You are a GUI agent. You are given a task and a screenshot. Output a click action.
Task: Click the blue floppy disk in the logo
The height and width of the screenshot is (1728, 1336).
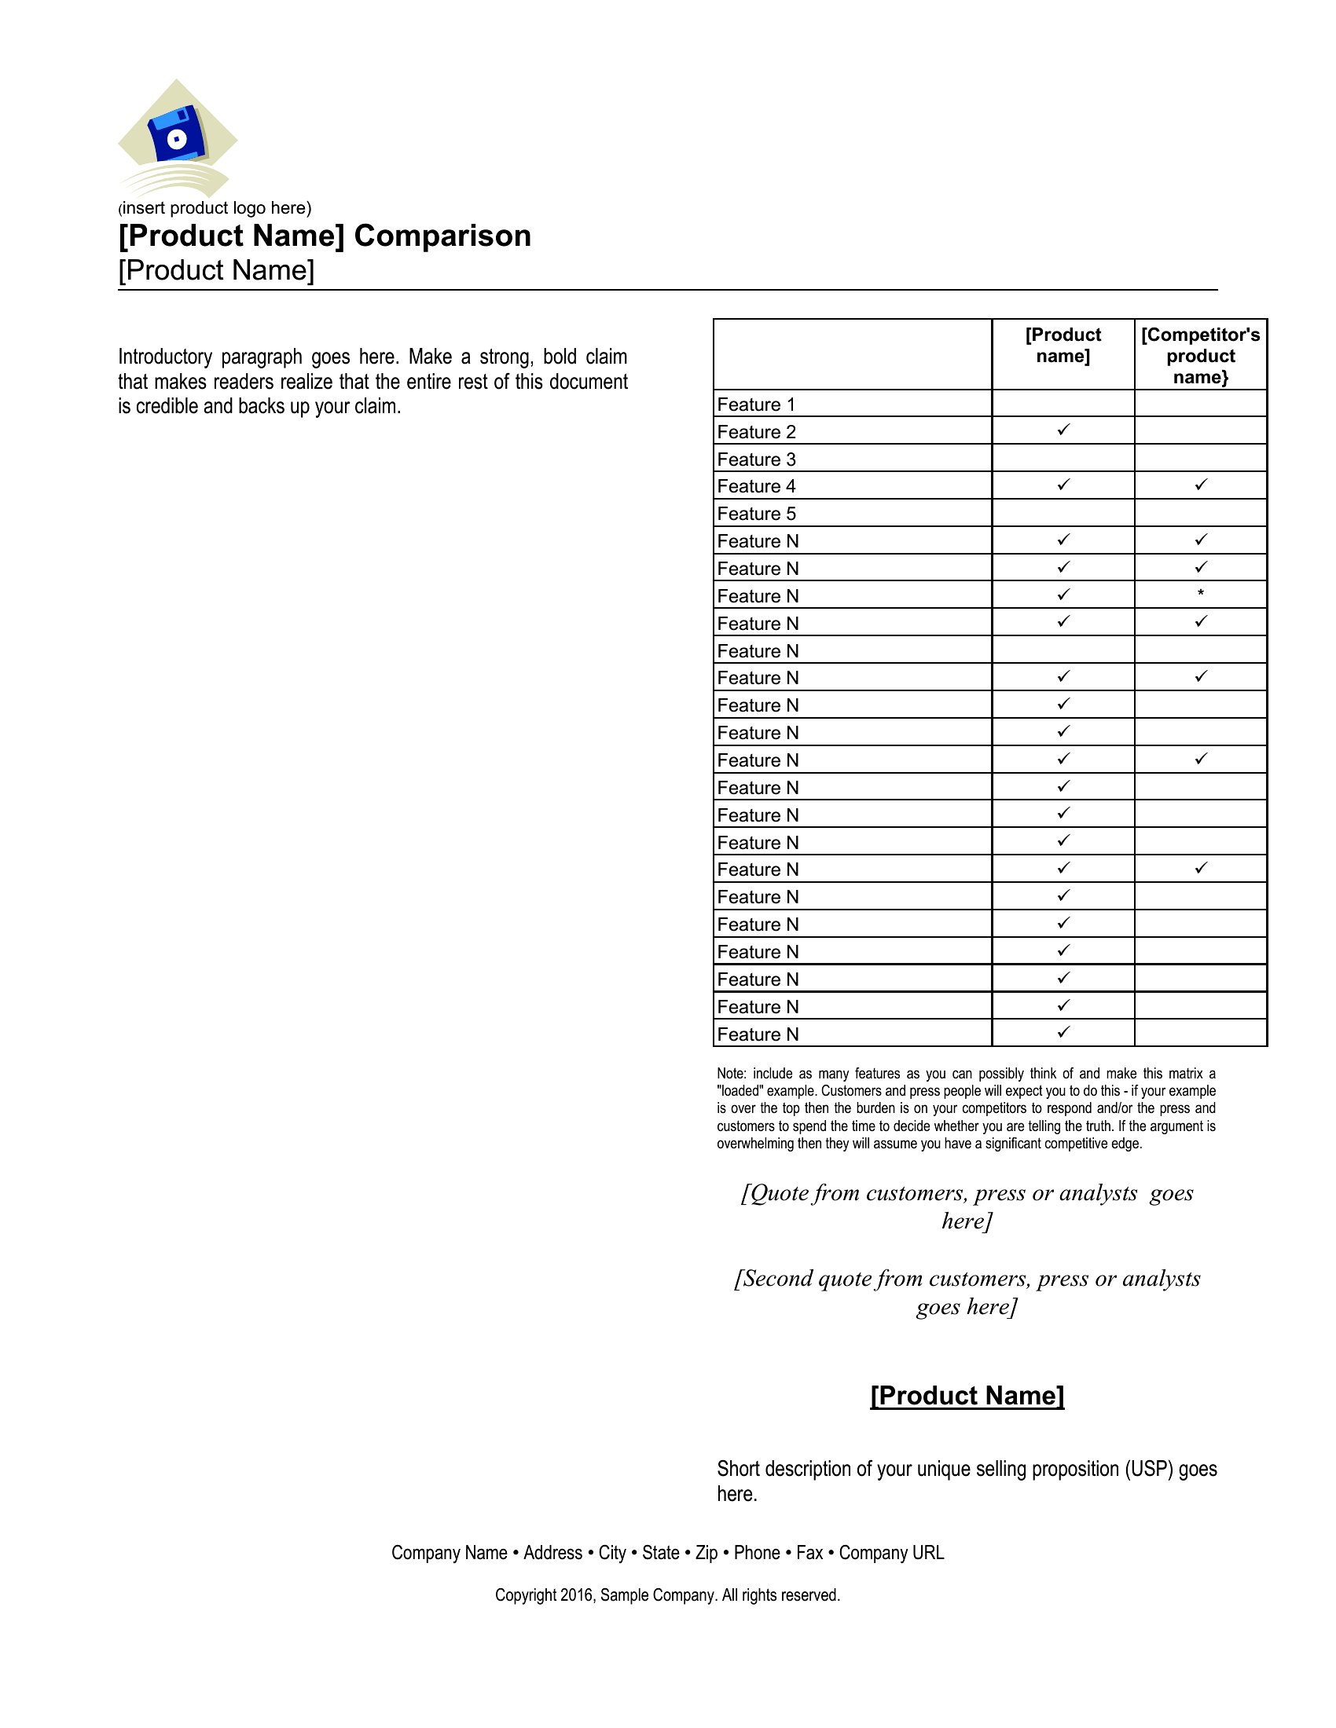178,135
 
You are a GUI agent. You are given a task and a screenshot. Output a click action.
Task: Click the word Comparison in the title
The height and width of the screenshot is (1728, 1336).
442,236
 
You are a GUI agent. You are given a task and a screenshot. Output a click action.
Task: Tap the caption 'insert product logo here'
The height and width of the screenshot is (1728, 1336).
215,208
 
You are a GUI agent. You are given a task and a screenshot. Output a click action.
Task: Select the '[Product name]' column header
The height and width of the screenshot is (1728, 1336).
1063,345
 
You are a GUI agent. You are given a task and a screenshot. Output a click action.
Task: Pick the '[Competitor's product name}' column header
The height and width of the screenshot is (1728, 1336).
1200,355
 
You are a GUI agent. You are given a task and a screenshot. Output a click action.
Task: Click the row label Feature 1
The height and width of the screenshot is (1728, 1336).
756,405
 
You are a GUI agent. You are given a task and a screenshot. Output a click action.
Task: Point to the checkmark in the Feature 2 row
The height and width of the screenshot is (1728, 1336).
1063,430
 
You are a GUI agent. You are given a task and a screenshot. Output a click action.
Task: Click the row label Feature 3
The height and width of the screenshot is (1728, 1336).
756,459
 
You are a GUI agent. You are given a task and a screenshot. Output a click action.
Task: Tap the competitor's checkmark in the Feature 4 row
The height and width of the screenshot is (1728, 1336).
1201,484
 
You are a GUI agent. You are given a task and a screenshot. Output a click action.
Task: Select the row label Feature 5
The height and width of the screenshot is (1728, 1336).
756,514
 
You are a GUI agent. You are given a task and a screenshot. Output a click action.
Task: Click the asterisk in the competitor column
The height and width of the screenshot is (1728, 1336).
1201,593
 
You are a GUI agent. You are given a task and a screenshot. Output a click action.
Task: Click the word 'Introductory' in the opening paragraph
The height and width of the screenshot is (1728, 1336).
164,357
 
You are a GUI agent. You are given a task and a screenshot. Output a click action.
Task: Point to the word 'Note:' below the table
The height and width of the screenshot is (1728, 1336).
732,1074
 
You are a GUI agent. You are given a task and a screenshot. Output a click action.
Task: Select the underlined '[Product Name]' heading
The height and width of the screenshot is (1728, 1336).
967,1396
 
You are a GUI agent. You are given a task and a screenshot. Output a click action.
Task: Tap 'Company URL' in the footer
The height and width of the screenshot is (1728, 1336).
891,1552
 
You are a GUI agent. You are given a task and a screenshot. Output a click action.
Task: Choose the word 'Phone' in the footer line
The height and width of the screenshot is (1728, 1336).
757,1552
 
